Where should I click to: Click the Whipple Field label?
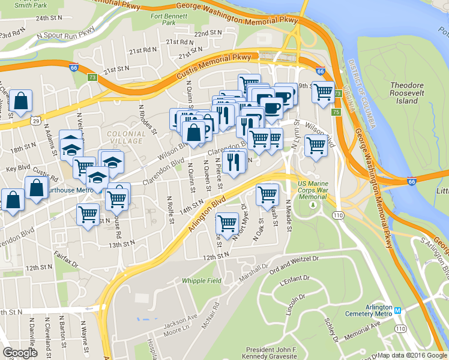click(202, 280)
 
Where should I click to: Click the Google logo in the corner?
click(20, 353)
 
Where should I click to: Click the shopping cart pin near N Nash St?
click(267, 194)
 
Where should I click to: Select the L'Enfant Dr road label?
click(294, 278)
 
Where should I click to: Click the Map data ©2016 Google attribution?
click(411, 355)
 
